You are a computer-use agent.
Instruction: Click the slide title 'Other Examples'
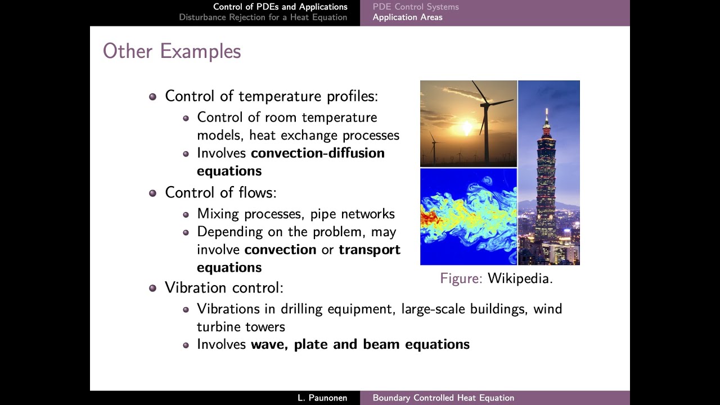pos(172,51)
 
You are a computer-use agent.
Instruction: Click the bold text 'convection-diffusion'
pos(318,153)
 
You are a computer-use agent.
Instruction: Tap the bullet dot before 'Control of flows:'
pos(152,193)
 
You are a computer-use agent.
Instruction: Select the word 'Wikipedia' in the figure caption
pos(520,278)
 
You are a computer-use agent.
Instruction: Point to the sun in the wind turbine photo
pos(466,129)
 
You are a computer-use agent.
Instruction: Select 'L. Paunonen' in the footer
pos(322,398)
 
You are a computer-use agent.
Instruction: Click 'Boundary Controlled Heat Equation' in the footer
pos(443,398)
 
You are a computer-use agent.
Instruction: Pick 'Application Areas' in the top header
pos(407,17)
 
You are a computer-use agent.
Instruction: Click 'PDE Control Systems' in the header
pos(416,7)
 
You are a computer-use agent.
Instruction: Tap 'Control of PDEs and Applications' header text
pos(280,7)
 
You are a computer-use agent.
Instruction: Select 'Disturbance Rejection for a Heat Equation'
pos(263,17)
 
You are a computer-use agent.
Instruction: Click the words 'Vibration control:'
pos(224,288)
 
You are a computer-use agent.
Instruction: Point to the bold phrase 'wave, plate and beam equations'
pos(360,344)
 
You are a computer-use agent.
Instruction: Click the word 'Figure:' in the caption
pos(461,278)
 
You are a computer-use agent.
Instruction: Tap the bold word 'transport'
pos(370,249)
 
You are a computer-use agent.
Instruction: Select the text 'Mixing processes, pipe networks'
pos(296,214)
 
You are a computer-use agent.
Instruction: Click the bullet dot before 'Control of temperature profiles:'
pos(152,97)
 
